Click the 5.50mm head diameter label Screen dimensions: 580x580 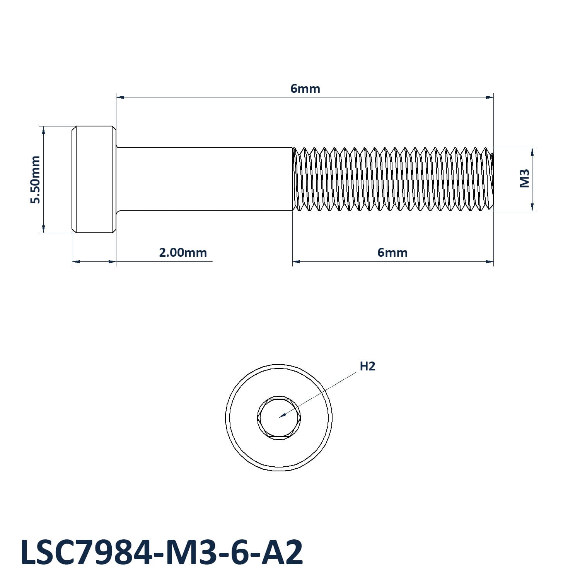36,179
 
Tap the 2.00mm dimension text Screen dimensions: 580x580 183,253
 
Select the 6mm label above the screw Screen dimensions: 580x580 305,89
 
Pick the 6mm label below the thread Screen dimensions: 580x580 392,253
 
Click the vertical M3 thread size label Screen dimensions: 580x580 524,178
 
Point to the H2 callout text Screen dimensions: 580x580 367,366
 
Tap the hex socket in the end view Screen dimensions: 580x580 278,418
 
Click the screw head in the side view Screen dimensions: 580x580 94,179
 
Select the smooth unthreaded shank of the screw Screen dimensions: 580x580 204,179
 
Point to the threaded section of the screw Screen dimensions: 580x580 392,179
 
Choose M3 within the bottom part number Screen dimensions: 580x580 188,552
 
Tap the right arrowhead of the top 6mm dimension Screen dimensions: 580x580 490,97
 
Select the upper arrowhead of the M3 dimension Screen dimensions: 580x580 532,152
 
